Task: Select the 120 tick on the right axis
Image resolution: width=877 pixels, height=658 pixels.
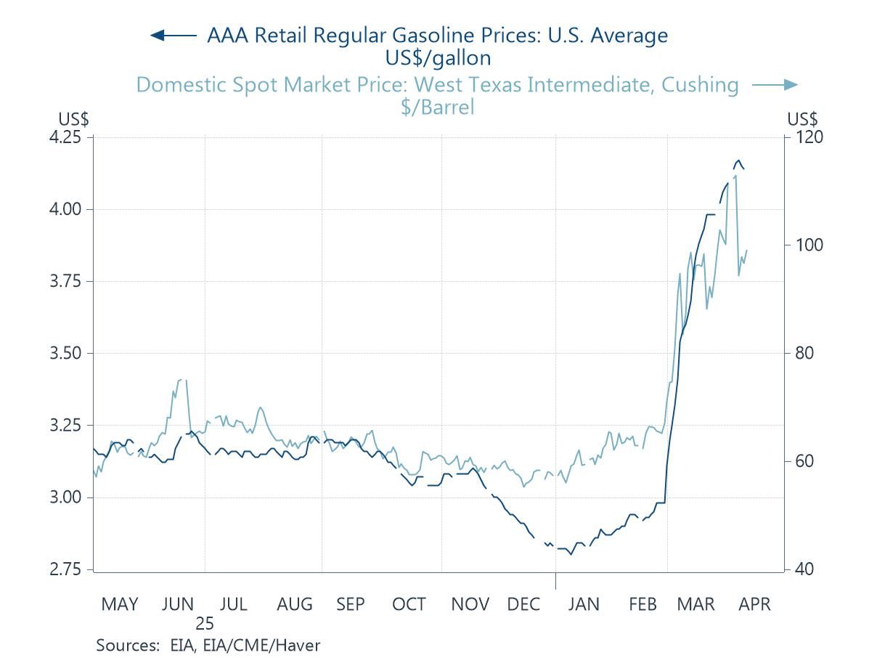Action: (x=803, y=137)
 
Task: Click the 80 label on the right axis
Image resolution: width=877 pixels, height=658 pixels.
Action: (x=799, y=353)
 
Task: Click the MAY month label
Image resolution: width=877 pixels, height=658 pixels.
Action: (x=120, y=604)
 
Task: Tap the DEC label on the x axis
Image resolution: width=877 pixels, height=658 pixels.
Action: (x=524, y=604)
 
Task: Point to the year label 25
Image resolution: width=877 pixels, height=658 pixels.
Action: (x=205, y=623)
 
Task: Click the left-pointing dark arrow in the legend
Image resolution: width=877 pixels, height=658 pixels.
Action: (x=173, y=35)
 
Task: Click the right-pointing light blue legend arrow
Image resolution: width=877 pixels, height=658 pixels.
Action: (x=775, y=85)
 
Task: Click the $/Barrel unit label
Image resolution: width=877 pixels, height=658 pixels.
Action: (x=437, y=107)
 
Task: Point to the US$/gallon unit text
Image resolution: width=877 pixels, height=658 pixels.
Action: (x=437, y=57)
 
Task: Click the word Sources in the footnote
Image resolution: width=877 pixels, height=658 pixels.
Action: (x=126, y=644)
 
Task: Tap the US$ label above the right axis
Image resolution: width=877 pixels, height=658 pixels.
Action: (x=802, y=119)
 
